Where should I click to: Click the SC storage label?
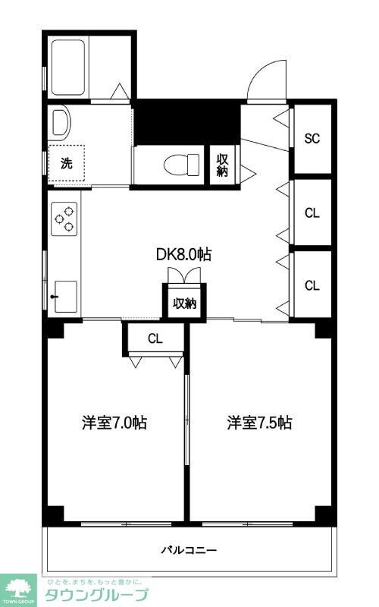pyautogui.click(x=312, y=139)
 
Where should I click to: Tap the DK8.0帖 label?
pyautogui.click(x=183, y=255)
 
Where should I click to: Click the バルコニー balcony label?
pyautogui.click(x=189, y=549)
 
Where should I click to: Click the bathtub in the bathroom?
pyautogui.click(x=69, y=66)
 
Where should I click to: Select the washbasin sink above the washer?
pyautogui.click(x=61, y=120)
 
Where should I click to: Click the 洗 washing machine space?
pyautogui.click(x=67, y=162)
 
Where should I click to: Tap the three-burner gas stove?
pyautogui.click(x=64, y=219)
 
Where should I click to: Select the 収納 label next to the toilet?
pyautogui.click(x=222, y=165)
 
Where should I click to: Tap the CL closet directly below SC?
pyautogui.click(x=312, y=213)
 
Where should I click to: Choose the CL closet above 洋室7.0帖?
pyautogui.click(x=155, y=338)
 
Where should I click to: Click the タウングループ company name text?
pyautogui.click(x=97, y=594)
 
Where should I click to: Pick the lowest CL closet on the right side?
pyautogui.click(x=312, y=285)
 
